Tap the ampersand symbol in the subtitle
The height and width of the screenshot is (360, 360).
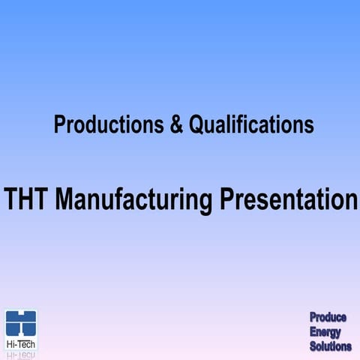pyautogui.click(x=176, y=124)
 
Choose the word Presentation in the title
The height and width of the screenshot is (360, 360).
pyautogui.click(x=289, y=199)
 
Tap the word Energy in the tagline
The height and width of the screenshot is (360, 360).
pyautogui.click(x=325, y=332)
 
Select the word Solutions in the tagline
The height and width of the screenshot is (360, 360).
pyautogui.click(x=331, y=346)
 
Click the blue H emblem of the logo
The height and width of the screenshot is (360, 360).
pyautogui.click(x=21, y=323)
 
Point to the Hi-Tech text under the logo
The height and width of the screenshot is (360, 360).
pyautogui.click(x=21, y=343)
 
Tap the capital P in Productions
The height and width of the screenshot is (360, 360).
pyautogui.click(x=59, y=124)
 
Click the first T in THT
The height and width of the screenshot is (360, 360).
pyautogui.click(x=11, y=199)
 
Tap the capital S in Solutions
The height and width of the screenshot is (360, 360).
pyautogui.click(x=313, y=346)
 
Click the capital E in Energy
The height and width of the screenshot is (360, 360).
pyautogui.click(x=313, y=332)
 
